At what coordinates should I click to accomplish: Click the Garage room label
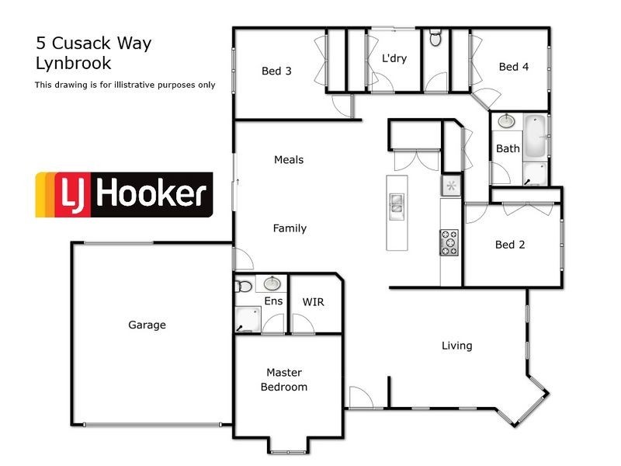click(x=147, y=325)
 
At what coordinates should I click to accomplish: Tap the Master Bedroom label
click(x=283, y=380)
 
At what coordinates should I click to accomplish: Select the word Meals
click(x=289, y=160)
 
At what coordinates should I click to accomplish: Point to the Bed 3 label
click(x=276, y=71)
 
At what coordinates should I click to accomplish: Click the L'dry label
click(x=394, y=58)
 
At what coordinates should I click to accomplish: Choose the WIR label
click(x=313, y=301)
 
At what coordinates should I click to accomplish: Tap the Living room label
click(x=456, y=346)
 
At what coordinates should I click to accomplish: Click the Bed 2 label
click(x=510, y=245)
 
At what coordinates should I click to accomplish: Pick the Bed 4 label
click(x=513, y=67)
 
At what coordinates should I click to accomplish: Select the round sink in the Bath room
click(x=506, y=121)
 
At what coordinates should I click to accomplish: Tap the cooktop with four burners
click(x=449, y=242)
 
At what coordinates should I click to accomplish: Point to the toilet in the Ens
click(x=243, y=285)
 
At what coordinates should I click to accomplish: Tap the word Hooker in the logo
click(x=151, y=194)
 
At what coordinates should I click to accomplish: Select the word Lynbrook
click(x=73, y=64)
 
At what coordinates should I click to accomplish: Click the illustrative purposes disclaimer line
click(x=125, y=85)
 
